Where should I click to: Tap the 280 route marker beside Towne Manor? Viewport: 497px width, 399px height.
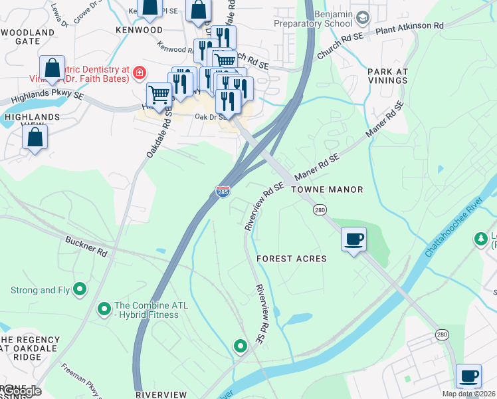click(320, 210)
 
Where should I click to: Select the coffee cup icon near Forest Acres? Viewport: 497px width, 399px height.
click(353, 239)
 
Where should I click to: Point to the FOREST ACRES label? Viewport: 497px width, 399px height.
click(292, 259)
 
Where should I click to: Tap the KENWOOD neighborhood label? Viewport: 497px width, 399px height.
click(139, 31)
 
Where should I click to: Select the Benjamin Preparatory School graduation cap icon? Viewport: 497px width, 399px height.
click(362, 16)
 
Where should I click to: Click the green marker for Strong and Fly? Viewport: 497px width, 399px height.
click(80, 289)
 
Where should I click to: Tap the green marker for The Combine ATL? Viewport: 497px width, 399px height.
click(104, 309)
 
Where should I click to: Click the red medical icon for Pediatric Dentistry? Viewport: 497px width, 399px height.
click(140, 72)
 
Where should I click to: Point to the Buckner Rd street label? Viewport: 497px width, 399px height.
click(86, 245)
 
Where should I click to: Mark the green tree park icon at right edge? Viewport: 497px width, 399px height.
click(480, 238)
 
